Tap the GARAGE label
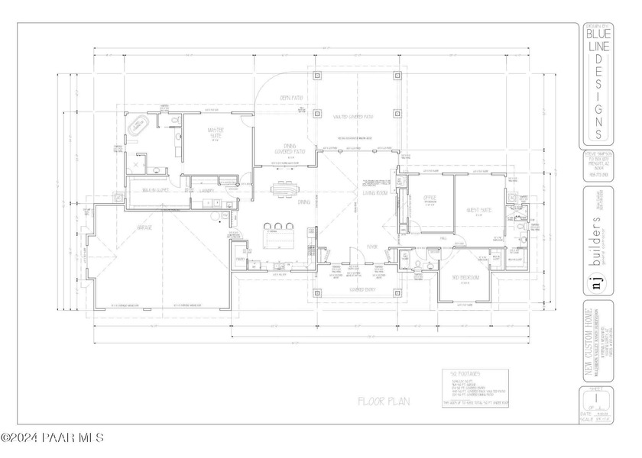(144, 227)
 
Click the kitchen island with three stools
(280, 236)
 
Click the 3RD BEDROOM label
(465, 277)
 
